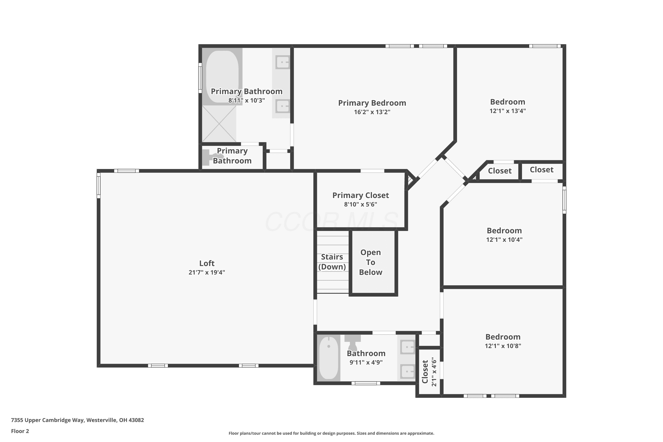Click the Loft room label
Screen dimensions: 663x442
pyautogui.click(x=207, y=263)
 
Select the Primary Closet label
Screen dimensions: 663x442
pyautogui.click(x=360, y=195)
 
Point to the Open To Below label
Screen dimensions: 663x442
pyautogui.click(x=371, y=262)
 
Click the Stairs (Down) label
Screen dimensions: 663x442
pyautogui.click(x=332, y=262)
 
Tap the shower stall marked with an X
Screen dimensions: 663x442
pyautogui.click(x=219, y=124)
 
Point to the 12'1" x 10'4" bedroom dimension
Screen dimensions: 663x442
pyautogui.click(x=504, y=240)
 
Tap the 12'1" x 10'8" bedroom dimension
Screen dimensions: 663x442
pyautogui.click(x=503, y=346)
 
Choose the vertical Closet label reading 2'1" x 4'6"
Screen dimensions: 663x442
pyautogui.click(x=429, y=372)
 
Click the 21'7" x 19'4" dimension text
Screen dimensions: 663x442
pyautogui.click(x=207, y=272)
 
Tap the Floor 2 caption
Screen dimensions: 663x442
pyautogui.click(x=20, y=431)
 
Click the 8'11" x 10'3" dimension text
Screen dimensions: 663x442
pyautogui.click(x=247, y=101)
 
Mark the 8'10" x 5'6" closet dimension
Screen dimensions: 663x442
pyautogui.click(x=360, y=205)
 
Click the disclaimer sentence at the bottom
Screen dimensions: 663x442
pyautogui.click(x=331, y=433)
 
